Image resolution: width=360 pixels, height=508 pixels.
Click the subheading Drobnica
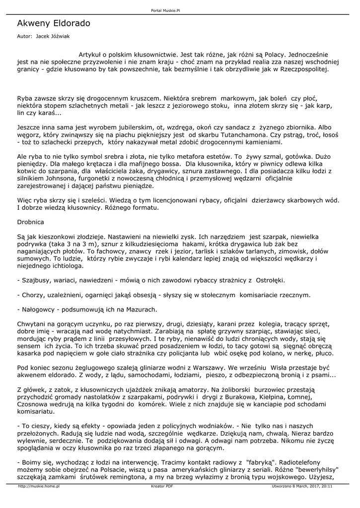[x=31, y=222]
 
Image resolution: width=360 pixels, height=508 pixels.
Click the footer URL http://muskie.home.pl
[x=39, y=487]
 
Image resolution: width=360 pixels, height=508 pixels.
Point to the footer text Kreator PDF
[x=162, y=487]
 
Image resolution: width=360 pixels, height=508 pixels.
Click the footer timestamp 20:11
[x=327, y=487]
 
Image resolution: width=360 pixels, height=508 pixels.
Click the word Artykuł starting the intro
[x=93, y=53]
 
